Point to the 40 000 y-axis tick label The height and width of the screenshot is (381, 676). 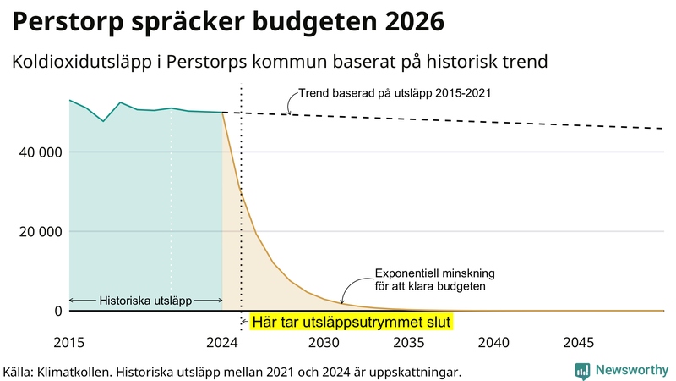[x=38, y=152]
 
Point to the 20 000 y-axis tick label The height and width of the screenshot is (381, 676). [x=38, y=231]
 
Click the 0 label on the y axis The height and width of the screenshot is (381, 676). [x=58, y=311]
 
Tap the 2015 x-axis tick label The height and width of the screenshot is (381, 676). [x=68, y=343]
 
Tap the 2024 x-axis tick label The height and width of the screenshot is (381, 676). [x=222, y=343]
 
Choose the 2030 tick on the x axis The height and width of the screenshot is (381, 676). [x=324, y=343]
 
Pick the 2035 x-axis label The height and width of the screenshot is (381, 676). [x=409, y=343]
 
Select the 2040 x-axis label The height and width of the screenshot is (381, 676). [x=493, y=343]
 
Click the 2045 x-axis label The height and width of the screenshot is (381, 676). [x=579, y=343]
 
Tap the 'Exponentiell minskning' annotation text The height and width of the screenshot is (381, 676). [x=434, y=273]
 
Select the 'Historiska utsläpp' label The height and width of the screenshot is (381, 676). [x=145, y=301]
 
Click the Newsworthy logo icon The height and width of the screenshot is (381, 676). [x=582, y=370]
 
